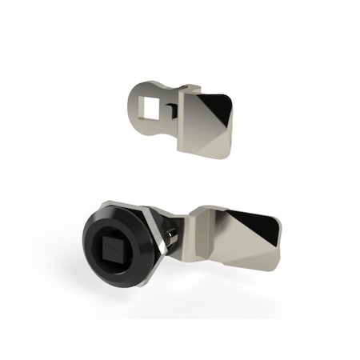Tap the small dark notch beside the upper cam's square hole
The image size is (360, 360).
(169, 105)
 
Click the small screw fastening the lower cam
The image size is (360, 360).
(170, 237)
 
